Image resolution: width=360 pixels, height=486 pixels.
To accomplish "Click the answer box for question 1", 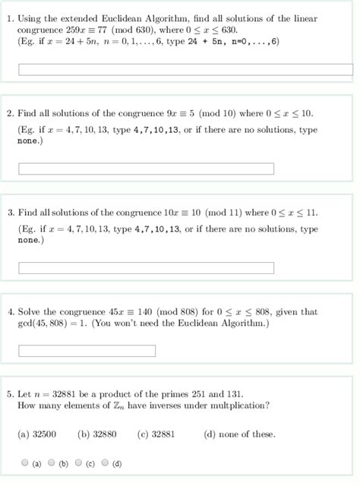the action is click(x=185, y=70).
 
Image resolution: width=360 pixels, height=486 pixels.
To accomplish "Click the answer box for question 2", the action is click(x=146, y=168).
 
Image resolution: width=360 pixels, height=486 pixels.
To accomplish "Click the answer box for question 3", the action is click(x=146, y=267).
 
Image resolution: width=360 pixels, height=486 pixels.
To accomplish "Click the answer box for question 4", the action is click(x=87, y=351).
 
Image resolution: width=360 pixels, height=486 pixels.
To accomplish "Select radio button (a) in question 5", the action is click(x=25, y=462).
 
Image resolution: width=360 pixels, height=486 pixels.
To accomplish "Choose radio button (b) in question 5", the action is click(x=52, y=462).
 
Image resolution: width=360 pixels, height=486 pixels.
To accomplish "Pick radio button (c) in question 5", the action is click(x=79, y=462).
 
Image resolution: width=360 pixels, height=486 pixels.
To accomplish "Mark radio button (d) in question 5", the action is click(x=106, y=462).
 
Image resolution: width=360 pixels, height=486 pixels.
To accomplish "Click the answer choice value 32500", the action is click(x=43, y=434).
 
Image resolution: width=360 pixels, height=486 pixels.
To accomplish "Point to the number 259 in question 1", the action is click(x=74, y=29).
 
